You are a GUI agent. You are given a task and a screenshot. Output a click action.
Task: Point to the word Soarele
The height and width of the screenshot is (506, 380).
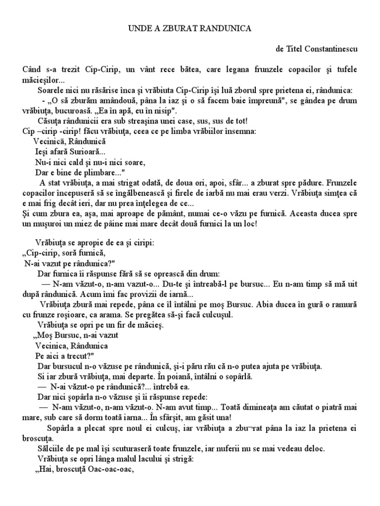click(51, 90)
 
